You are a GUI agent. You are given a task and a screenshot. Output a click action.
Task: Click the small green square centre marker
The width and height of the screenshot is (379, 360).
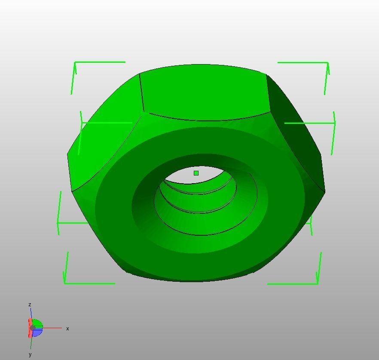[x=196, y=173]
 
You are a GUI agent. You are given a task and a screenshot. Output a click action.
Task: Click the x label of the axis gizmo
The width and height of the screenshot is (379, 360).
[x=67, y=329]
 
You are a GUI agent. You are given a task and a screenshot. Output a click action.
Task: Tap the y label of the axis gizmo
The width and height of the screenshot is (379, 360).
[x=30, y=354]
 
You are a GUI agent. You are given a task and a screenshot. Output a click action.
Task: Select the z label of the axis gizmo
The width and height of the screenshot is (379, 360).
[x=30, y=305]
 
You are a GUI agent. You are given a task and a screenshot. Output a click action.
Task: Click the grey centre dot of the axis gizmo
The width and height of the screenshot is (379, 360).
[x=33, y=328]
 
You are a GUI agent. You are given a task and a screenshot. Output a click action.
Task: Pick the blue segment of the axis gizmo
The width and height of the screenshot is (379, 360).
[x=38, y=332]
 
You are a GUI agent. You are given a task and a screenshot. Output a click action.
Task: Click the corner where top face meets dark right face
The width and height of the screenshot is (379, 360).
[x=267, y=76]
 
